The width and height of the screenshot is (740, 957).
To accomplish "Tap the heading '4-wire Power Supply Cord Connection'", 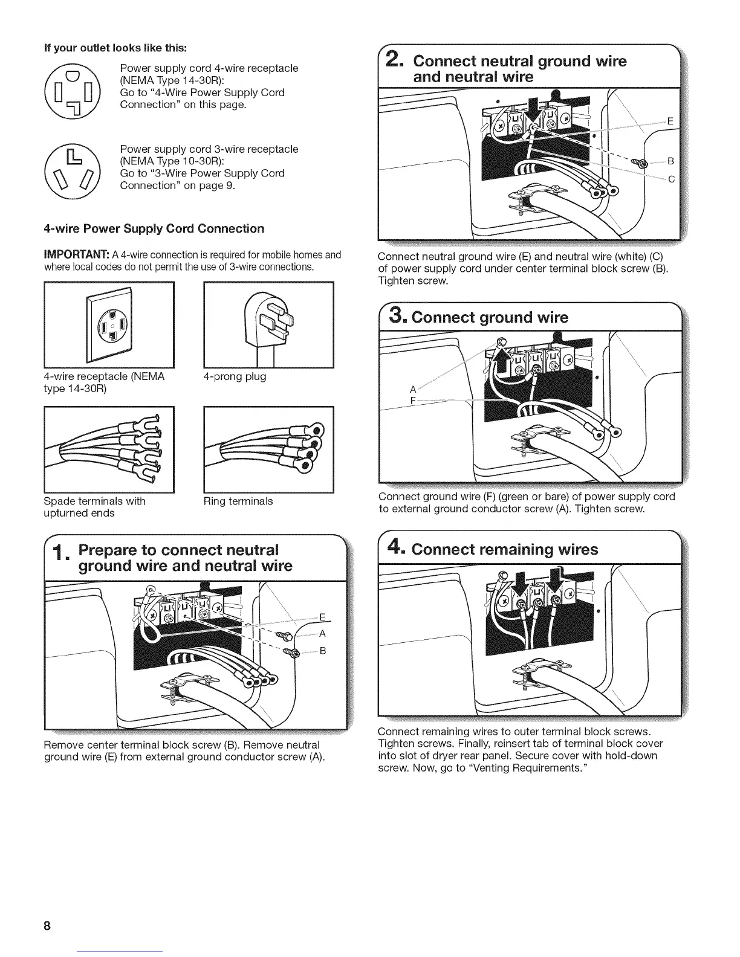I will tap(154, 229).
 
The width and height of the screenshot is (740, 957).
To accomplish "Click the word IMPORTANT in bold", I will tap(74, 254).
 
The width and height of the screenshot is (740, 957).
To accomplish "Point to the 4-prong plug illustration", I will tap(269, 325).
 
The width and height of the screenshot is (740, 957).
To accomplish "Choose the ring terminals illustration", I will tap(269, 449).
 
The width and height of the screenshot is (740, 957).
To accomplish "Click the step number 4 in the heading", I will tap(395, 549).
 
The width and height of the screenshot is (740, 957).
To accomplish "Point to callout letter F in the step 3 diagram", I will tap(413, 400).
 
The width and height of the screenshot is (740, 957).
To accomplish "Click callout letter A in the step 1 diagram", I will tap(322, 634).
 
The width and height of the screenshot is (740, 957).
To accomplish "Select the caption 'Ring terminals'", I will tap(238, 501).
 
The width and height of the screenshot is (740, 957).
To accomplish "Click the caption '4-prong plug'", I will tap(235, 376).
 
